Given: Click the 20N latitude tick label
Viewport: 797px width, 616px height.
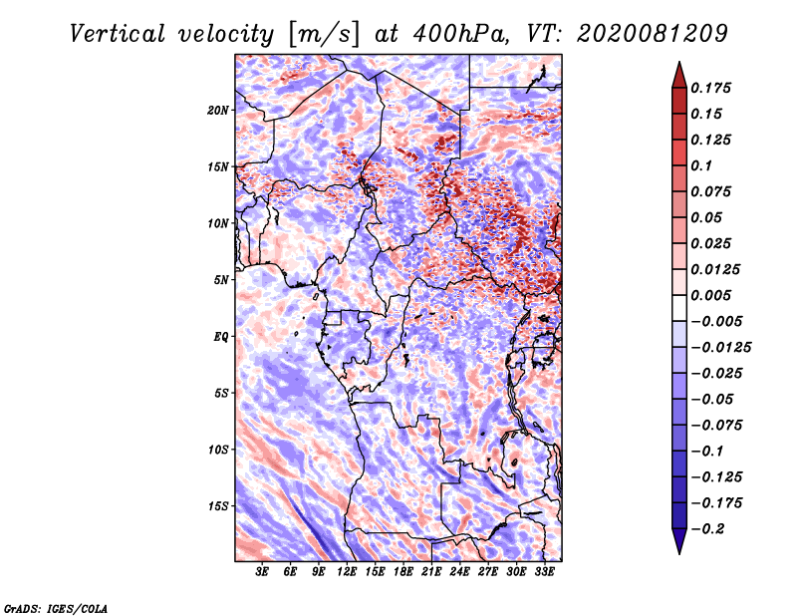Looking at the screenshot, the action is coord(218,111).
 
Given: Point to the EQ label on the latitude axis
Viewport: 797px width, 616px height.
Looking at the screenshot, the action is coord(220,337).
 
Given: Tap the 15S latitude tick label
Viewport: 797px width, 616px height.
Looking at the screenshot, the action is coord(218,506).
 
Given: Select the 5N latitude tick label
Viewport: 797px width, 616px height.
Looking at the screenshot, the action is coord(221,280).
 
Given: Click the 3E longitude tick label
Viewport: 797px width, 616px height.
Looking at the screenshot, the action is coord(262,572).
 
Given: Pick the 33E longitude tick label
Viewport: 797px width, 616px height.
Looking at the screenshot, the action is coord(544,572).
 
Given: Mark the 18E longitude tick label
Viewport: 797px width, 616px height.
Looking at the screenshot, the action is coord(403,572).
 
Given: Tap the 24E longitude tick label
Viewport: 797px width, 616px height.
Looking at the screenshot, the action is coord(459,572).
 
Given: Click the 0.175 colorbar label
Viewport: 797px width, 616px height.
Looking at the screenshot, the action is coord(710,88).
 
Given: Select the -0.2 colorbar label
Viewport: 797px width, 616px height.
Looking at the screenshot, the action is coord(707,529).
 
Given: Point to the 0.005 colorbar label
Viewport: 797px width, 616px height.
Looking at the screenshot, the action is coord(710,295).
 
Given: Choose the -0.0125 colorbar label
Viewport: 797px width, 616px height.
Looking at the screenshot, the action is coord(720,348).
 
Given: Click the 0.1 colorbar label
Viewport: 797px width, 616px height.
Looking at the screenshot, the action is coord(701,165).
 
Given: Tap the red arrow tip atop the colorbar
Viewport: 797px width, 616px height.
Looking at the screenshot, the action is coord(679,62).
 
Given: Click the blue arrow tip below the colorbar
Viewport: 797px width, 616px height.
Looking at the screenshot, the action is coord(679,553).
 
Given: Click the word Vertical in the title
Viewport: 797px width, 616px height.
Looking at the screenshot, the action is coord(118,34).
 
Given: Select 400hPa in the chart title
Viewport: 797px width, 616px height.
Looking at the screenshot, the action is coord(460,34).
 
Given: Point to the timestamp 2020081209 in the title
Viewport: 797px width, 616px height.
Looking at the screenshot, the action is coord(653,34).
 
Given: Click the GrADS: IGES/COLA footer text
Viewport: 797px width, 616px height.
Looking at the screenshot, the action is coord(56,608).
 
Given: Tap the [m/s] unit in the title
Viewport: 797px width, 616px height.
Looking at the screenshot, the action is coord(324,35).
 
